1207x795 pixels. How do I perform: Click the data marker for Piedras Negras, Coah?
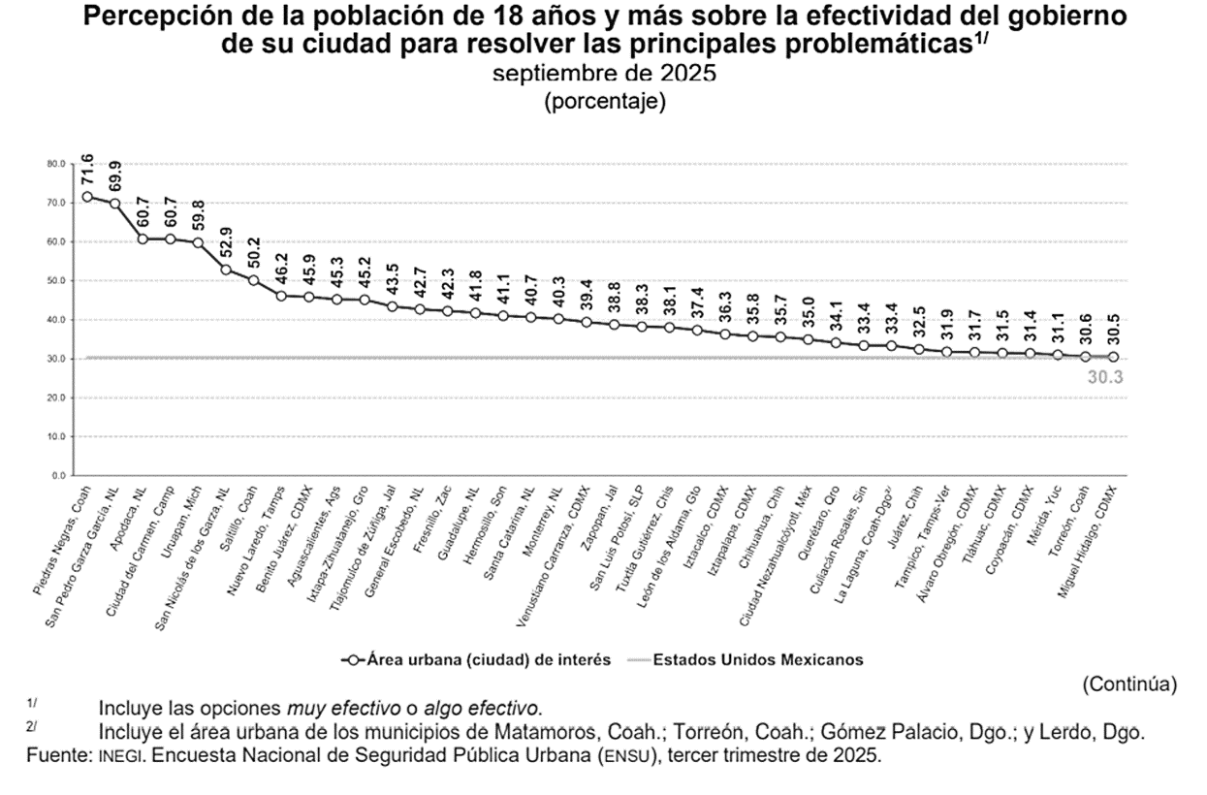pos(87,197)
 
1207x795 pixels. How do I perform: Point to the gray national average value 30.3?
pos(1105,377)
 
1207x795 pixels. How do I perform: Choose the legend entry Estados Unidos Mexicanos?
pos(756,659)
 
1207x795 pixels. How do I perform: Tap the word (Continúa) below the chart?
pos(1129,684)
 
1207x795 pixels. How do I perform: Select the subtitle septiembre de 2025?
pos(604,75)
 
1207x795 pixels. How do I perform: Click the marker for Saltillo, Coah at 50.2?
pos(254,280)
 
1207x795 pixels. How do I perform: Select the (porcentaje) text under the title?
pos(604,101)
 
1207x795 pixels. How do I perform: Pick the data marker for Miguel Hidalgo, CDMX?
pos(1112,357)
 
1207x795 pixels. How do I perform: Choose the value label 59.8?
pos(198,212)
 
